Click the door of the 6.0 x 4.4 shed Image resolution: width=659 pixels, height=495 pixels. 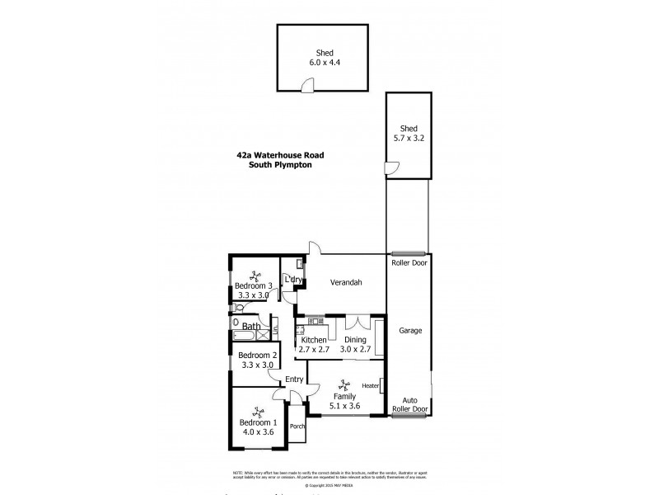point(307,85)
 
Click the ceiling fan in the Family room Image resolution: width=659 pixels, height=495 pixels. point(345,384)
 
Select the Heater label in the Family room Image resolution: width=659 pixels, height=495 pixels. point(370,385)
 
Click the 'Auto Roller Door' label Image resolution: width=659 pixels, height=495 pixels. point(409,404)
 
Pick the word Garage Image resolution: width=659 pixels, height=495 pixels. point(410,331)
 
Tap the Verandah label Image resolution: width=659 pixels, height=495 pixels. point(347,282)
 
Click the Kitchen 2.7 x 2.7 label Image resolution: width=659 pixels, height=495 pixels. point(314,345)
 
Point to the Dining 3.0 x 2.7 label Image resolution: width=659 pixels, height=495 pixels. point(357,345)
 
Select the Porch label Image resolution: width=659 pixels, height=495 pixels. point(297,427)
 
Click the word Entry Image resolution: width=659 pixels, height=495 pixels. point(293,379)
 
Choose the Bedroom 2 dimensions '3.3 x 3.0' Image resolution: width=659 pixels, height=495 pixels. point(256,365)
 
